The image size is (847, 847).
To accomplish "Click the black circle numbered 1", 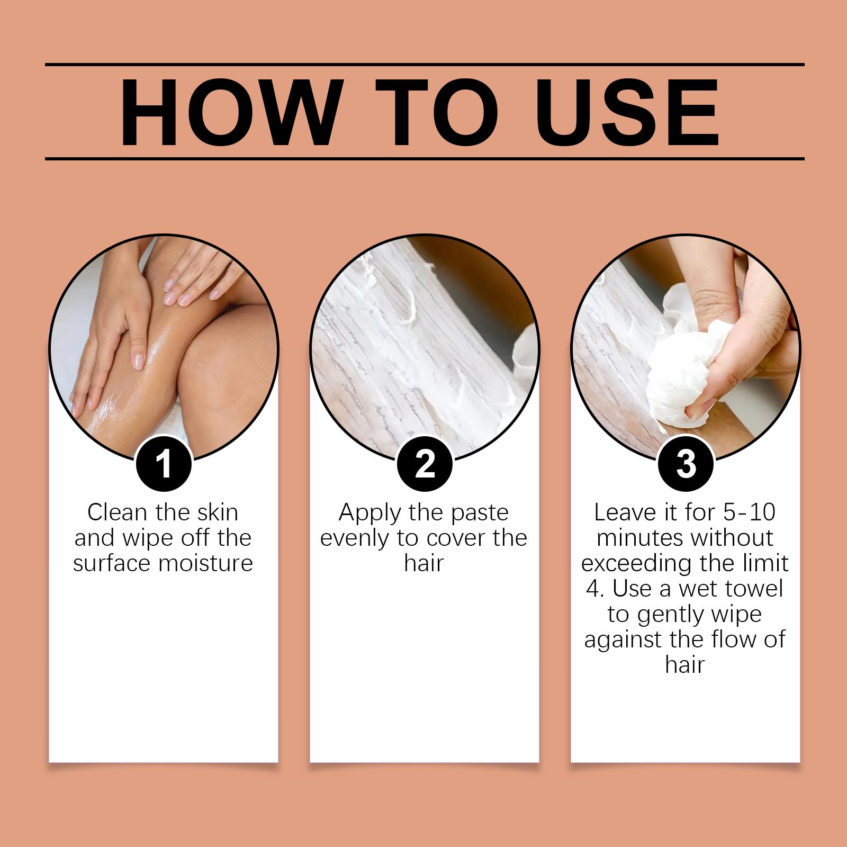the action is tap(164, 464).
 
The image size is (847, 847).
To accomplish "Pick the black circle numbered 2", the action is tap(425, 464).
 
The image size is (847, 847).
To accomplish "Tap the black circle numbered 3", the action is tap(686, 464).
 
